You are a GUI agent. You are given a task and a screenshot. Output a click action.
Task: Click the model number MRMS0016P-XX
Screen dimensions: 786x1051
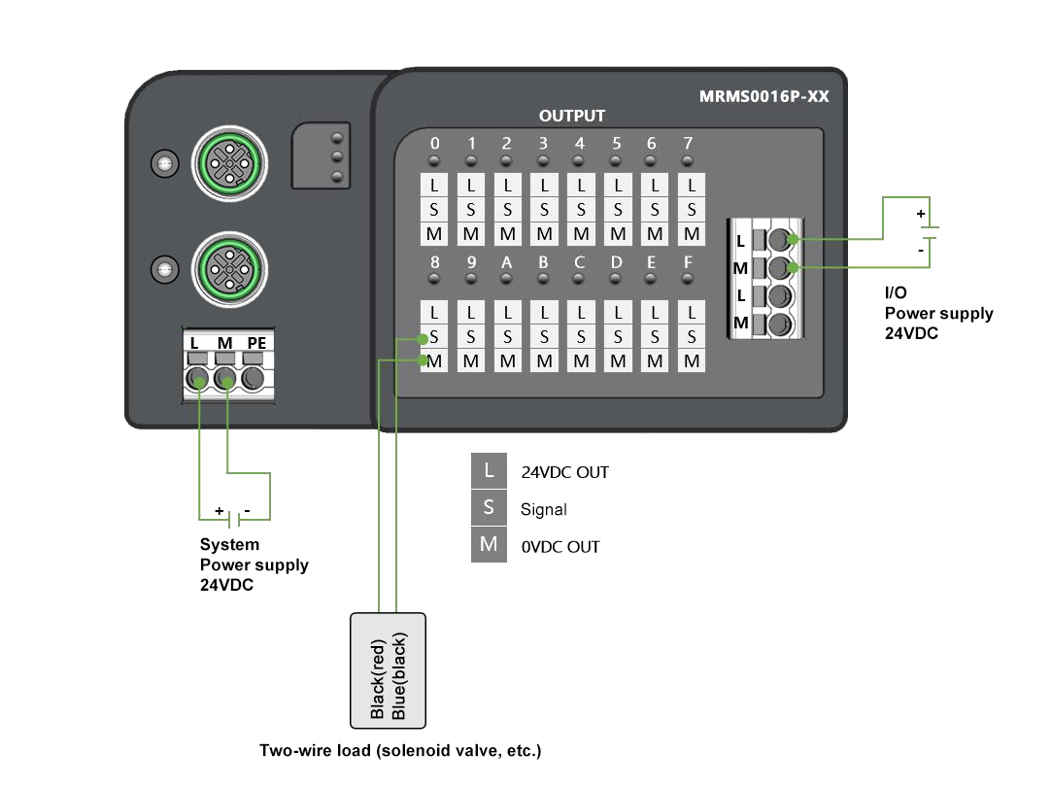[763, 97]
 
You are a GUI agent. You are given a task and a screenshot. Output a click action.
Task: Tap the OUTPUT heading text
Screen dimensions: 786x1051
[572, 116]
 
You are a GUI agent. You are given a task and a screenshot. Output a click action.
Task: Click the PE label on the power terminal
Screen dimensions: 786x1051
[255, 343]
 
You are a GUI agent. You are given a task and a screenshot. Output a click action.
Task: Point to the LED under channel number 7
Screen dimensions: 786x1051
[688, 160]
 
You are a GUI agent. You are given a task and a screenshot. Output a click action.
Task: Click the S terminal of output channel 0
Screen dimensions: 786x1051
[434, 209]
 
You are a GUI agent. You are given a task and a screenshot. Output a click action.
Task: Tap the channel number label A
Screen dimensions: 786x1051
[507, 262]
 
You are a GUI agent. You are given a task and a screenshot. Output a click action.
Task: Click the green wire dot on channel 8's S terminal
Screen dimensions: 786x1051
[423, 339]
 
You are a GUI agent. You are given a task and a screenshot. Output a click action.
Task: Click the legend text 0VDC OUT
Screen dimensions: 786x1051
[560, 547]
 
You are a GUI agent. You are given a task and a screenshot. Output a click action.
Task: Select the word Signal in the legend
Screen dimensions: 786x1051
[543, 509]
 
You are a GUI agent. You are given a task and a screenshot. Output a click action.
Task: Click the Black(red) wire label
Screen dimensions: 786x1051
[378, 677]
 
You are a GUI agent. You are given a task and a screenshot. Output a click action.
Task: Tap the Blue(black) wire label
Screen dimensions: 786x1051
[398, 677]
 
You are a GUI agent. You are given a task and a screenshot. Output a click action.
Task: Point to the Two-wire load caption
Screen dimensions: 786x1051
[399, 751]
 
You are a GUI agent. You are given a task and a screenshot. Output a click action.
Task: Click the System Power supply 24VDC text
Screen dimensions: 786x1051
[254, 564]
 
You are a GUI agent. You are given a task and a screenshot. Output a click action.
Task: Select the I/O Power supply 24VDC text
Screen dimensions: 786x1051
[938, 314]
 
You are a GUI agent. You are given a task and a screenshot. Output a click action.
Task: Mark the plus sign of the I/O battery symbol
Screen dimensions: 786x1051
[921, 213]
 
